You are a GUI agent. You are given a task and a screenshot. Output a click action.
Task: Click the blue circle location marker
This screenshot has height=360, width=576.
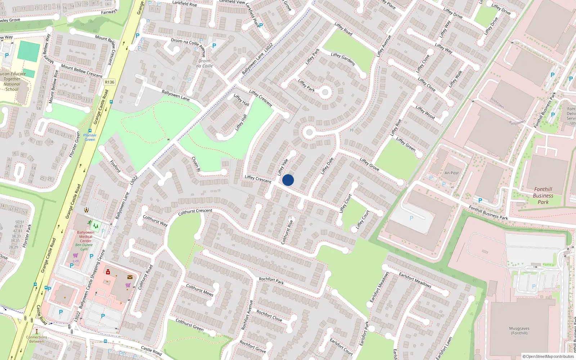click(x=288, y=180)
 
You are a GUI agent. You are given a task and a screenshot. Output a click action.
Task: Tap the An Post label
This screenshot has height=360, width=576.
click(x=451, y=173)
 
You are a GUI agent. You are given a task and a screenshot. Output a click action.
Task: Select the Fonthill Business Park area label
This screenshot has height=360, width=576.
click(x=543, y=195)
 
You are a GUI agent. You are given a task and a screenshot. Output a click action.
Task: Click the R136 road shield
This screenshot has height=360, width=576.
click(x=109, y=82)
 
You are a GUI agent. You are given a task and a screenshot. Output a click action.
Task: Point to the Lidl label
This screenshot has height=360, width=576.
click(x=76, y=261)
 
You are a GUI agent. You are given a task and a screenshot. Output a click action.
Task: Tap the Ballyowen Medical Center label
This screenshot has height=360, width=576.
click(x=86, y=237)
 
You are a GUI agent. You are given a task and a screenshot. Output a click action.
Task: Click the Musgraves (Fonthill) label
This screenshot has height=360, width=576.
click(x=519, y=330)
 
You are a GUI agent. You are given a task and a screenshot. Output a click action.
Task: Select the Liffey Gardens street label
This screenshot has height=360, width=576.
click(x=343, y=59)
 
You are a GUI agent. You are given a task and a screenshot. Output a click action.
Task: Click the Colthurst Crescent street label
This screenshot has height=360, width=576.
click(x=195, y=212)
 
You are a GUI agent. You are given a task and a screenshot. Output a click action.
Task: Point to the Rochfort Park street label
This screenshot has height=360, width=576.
click(x=271, y=280)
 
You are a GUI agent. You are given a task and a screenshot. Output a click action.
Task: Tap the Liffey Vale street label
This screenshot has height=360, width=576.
click(x=283, y=167)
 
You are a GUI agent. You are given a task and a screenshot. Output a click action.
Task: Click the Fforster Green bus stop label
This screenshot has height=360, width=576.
click(x=90, y=137)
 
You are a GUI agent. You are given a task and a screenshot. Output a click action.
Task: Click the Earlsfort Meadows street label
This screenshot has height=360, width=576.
click(x=415, y=280)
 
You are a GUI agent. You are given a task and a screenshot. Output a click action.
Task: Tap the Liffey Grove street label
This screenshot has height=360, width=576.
click(x=369, y=164)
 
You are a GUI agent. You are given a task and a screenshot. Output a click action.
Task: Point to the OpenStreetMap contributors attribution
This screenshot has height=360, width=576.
click(x=548, y=356)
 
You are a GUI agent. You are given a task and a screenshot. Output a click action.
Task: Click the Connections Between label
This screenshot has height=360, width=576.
click(x=36, y=339)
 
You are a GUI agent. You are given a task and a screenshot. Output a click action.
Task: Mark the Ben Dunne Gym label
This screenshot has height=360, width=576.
click(x=84, y=247)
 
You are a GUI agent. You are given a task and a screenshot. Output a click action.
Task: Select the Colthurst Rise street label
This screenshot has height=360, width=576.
click(x=287, y=230)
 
